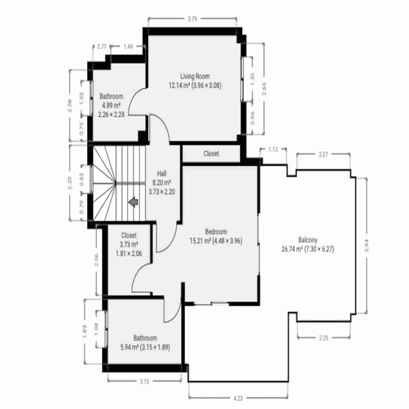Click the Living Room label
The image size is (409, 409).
195,76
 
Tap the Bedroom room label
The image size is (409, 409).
215,232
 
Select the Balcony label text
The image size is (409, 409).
307,240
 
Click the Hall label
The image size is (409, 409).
162,173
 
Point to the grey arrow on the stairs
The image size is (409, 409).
133,202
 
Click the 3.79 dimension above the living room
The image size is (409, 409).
192,19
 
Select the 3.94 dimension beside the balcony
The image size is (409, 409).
367,245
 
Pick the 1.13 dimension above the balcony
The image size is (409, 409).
273,149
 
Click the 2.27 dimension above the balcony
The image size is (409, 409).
323,154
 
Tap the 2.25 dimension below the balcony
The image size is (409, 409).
323,338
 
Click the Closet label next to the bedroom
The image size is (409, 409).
211,154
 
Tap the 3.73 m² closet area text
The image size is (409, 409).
129,244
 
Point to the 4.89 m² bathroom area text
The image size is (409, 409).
111,105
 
